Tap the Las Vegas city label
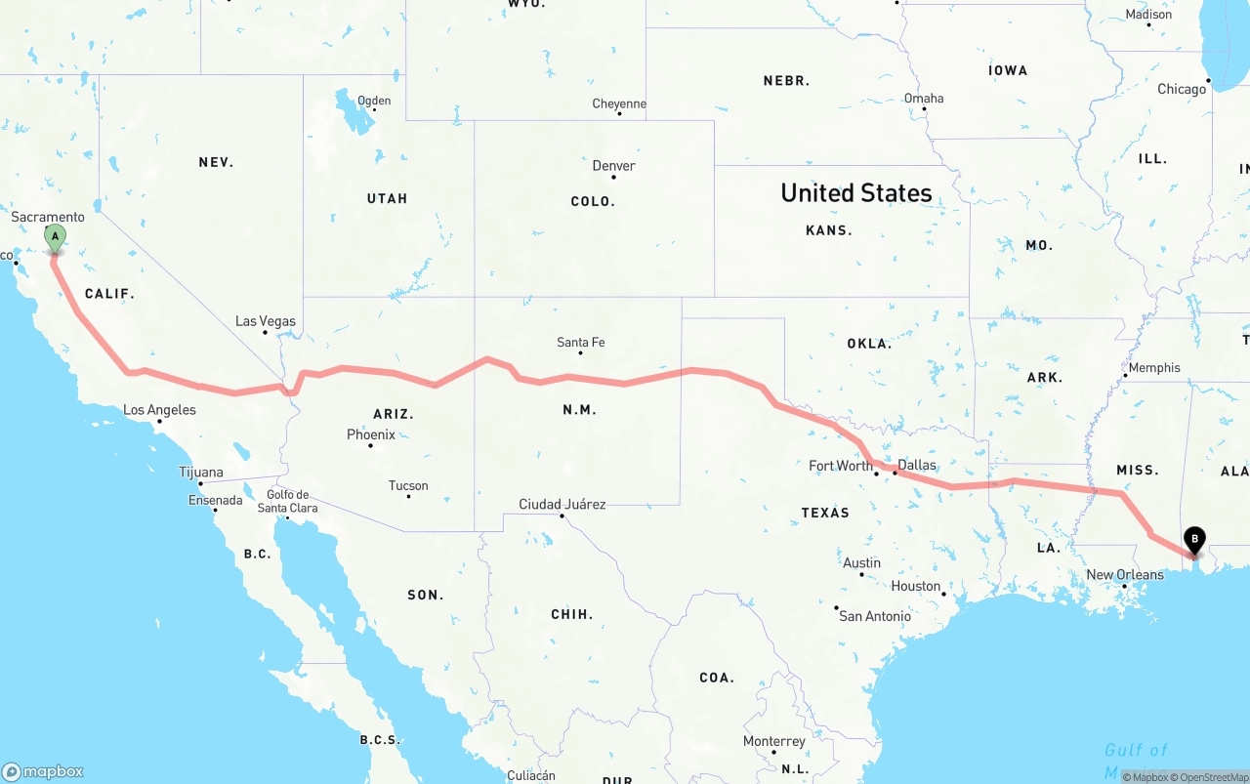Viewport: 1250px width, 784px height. point(266,321)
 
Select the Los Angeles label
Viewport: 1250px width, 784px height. point(159,410)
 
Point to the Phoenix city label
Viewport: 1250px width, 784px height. point(371,434)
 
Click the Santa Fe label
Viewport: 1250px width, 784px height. point(580,342)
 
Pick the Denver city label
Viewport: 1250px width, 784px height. point(613,166)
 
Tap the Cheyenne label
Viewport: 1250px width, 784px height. point(619,103)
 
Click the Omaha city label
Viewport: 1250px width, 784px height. point(924,98)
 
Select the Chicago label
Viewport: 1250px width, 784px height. point(1182,89)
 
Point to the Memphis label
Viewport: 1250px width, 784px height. point(1154,368)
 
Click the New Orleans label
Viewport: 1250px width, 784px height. point(1125,574)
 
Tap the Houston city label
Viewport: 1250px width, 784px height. point(916,586)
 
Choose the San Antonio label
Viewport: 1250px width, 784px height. point(875,616)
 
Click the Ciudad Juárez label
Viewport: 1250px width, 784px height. point(562,505)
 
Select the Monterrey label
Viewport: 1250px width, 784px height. point(774,741)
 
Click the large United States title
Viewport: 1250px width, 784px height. point(856,193)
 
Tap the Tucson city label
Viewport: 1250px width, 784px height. point(408,485)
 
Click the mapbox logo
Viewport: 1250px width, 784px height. point(43,771)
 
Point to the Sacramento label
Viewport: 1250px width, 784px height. point(49,217)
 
